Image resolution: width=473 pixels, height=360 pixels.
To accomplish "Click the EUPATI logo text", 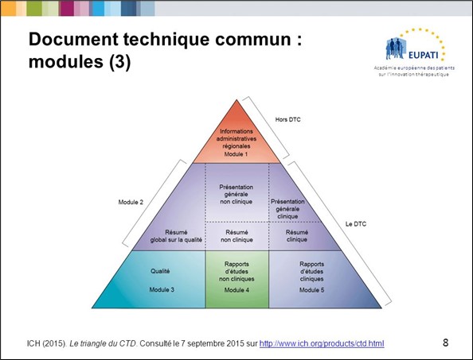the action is point(423,55).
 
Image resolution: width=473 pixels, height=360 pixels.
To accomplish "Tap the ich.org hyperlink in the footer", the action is point(322,343).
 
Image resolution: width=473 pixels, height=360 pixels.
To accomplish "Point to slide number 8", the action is point(445,343).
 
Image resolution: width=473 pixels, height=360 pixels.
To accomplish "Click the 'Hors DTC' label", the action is point(287,119).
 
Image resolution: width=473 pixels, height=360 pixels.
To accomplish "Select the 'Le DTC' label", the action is point(356,224).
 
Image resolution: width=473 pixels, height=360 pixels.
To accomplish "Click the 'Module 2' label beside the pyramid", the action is point(131,202).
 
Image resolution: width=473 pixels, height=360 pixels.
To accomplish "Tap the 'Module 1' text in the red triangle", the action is point(236,154).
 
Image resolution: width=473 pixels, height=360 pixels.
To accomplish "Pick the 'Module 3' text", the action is point(162,289).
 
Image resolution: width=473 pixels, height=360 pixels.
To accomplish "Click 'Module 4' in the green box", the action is point(236,290).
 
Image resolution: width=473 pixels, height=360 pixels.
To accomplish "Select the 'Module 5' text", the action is point(311,290).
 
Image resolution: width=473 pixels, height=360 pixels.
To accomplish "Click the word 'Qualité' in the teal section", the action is point(160,271).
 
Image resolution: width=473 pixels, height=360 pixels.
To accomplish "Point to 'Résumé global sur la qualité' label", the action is point(176,236).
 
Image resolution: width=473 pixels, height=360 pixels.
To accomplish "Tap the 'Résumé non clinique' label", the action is point(236,236).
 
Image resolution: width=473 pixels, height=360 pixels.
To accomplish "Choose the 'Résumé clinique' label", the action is point(297,236).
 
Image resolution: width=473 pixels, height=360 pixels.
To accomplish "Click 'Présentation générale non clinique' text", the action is point(236,194).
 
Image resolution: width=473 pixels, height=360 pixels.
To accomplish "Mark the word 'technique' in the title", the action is point(166,40).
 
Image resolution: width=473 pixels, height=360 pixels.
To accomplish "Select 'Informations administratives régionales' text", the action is point(236,139).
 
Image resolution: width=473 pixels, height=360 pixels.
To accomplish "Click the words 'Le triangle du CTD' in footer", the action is point(103,343).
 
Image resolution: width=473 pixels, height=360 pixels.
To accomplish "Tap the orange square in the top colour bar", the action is point(8,8).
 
